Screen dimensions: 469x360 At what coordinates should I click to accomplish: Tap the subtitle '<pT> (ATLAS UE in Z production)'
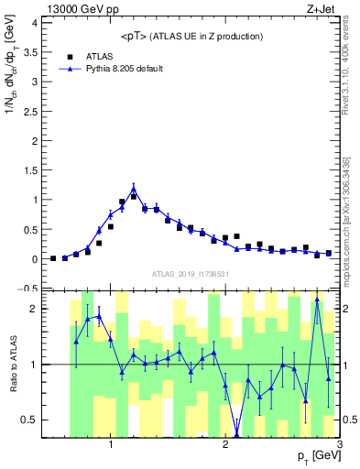191,36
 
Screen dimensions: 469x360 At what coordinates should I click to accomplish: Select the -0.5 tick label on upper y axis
32,289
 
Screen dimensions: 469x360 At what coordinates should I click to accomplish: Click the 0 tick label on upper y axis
38,259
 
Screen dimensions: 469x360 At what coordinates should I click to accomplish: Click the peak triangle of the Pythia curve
134,191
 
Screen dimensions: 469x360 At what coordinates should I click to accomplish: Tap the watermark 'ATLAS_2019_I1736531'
190,274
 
